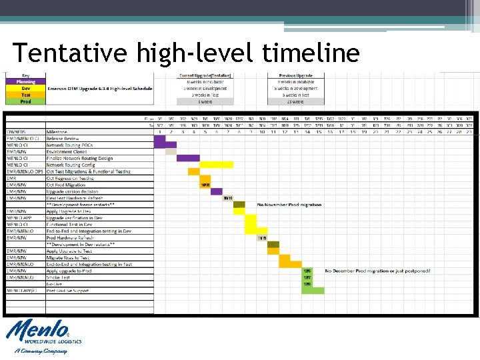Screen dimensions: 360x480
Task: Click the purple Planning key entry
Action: (25, 82)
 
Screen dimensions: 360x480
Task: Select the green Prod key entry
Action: (25, 101)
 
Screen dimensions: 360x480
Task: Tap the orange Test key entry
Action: (25, 95)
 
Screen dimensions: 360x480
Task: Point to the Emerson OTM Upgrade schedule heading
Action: (100, 89)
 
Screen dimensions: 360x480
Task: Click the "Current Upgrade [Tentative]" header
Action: (205, 75)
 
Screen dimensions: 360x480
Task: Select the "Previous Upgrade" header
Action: (297, 75)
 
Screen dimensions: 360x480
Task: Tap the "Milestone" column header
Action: (57, 132)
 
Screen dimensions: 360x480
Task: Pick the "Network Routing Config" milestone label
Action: (71, 165)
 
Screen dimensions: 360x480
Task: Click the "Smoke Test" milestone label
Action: (58, 277)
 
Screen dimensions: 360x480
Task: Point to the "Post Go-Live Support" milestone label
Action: (67, 291)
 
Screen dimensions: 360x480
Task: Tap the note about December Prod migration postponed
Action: (377, 271)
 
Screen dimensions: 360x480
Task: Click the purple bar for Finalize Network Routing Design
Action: (188, 158)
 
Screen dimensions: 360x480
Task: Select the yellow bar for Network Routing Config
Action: (216, 165)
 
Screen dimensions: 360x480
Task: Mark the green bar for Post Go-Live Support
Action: (313, 291)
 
